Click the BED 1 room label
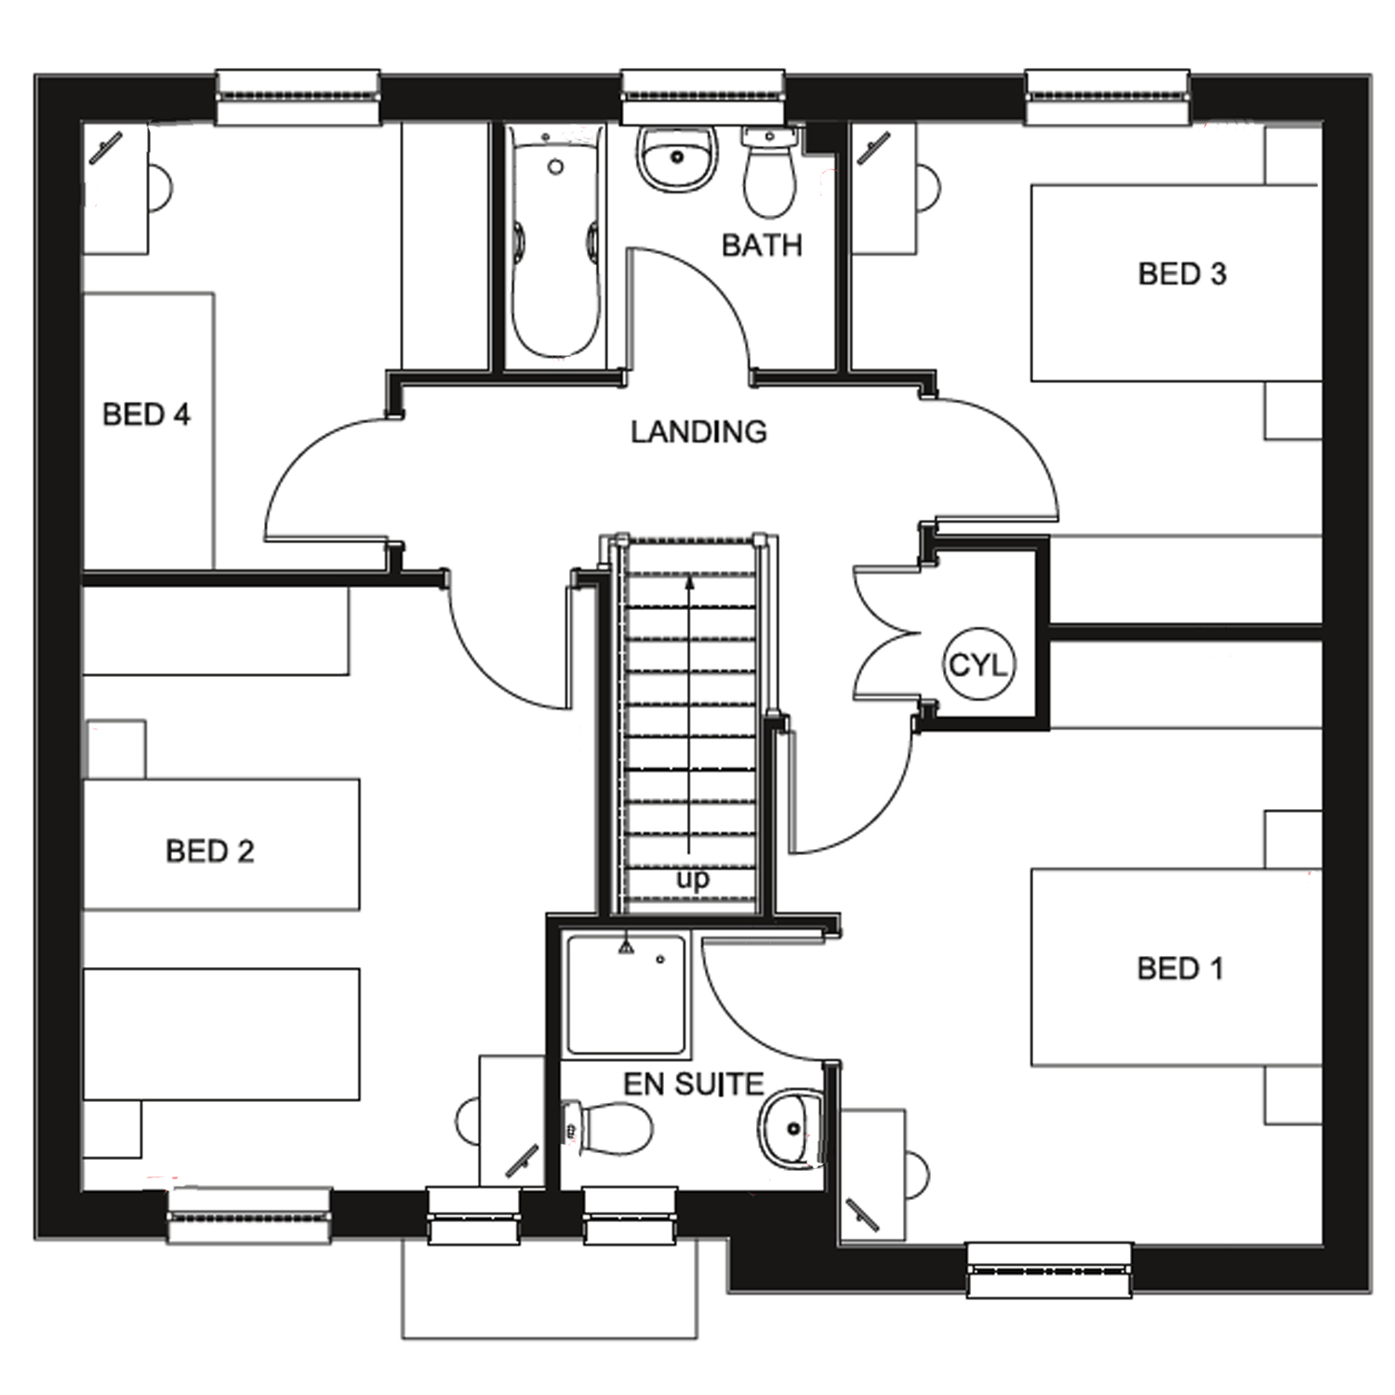pos(1179,969)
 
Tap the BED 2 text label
pos(209,851)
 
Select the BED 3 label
pos(1181,274)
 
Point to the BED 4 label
pos(146,415)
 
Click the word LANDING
pos(698,432)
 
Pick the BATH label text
pos(762,246)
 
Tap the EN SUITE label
pos(693,1084)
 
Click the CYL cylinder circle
pos(977,665)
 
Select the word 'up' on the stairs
pos(692,879)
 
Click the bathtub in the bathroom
pos(555,244)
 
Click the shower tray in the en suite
pos(626,995)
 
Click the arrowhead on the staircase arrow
pos(689,583)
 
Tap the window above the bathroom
pos(702,96)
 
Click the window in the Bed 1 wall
pos(1049,1269)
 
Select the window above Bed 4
pos(298,96)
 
